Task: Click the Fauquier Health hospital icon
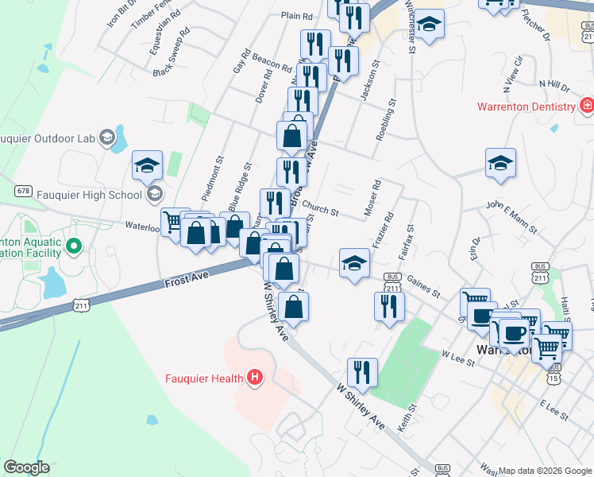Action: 255,377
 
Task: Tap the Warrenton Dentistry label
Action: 526,107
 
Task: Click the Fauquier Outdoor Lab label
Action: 48,138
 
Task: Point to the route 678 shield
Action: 24,191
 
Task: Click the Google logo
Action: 26,467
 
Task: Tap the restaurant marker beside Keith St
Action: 362,373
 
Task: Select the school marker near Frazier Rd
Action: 354,264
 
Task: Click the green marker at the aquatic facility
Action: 74,246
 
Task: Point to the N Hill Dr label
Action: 553,84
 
